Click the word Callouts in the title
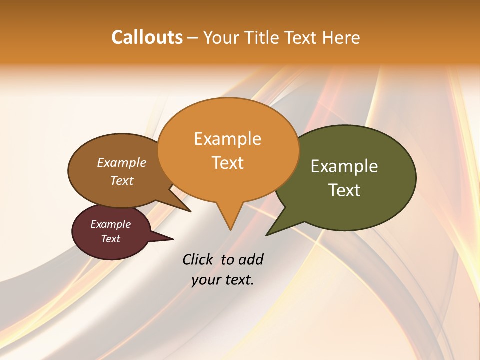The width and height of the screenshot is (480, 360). coord(147,37)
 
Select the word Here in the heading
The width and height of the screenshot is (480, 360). coord(341,37)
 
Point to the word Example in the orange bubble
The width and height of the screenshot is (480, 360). coord(227,139)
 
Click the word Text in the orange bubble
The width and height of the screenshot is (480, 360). coord(227,163)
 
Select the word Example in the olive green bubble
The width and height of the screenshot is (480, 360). coord(344,166)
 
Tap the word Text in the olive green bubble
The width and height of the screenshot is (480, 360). coord(344,190)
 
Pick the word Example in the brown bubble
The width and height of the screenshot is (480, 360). coord(122,163)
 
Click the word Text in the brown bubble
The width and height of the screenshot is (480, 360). coord(122,180)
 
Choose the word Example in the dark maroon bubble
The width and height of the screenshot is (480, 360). coord(111,224)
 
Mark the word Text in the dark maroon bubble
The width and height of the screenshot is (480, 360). coord(111,239)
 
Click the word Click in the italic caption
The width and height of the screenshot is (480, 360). coord(199,260)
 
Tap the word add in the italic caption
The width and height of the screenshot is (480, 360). coord(251,260)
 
